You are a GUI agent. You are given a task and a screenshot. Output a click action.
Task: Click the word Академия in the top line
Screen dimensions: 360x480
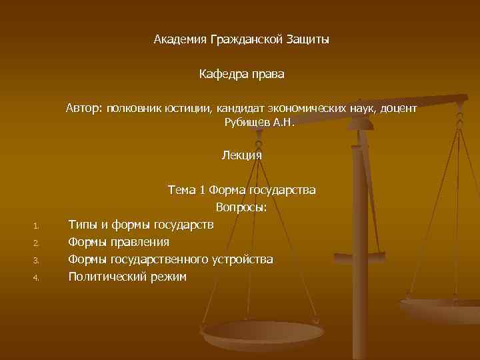tap(180, 40)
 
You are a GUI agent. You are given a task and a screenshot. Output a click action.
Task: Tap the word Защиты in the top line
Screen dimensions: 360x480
tap(307, 40)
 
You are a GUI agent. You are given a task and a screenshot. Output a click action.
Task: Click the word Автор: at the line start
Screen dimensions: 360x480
tap(83, 108)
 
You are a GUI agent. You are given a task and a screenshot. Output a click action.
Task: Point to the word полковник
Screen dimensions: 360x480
tap(132, 108)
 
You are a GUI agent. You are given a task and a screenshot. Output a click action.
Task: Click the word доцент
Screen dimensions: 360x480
tap(399, 108)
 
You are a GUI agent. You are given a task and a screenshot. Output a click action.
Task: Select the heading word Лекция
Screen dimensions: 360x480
tap(242, 155)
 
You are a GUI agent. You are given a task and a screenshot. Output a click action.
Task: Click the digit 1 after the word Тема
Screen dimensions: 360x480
tap(202, 191)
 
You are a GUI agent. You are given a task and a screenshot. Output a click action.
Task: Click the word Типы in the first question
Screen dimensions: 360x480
tap(83, 225)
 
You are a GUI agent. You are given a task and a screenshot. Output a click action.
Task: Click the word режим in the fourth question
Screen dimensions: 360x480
tap(168, 277)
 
